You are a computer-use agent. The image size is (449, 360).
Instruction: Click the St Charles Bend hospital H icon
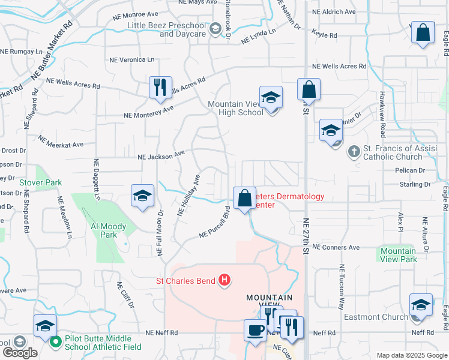point(224,280)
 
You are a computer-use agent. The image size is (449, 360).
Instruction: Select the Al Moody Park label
point(108,231)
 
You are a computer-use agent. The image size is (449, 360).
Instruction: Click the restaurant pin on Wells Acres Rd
point(160,87)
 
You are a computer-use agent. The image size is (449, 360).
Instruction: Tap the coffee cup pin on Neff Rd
point(255,331)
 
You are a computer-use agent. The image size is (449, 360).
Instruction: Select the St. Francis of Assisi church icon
point(354,152)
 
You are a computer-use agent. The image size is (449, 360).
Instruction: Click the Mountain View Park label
point(399,255)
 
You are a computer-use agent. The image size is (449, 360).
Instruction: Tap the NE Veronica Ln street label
point(131,60)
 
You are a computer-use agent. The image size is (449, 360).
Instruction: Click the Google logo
point(19,353)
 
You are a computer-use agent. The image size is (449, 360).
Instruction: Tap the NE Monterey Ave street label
point(148,112)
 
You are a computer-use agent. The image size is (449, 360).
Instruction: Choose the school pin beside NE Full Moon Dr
point(143,196)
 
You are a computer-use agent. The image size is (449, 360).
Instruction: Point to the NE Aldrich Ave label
point(334,12)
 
